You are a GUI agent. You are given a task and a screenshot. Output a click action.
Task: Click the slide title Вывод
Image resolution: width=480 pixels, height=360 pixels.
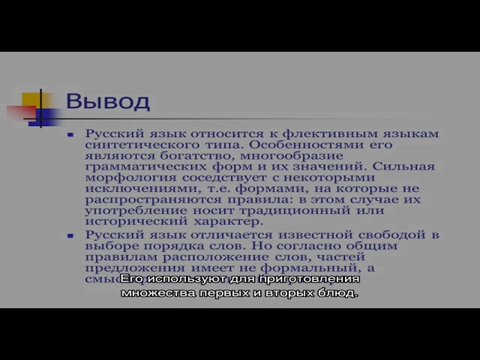point(107,101)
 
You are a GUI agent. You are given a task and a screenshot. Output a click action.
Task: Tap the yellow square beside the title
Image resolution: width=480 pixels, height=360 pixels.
point(31,100)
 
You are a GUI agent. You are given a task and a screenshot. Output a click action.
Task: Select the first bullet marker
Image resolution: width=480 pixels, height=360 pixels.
point(91,135)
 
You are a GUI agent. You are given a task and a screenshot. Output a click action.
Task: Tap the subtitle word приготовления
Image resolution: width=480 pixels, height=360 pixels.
point(316,279)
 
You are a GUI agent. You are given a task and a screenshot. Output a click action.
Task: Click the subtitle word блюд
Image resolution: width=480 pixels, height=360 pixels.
point(342,292)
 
